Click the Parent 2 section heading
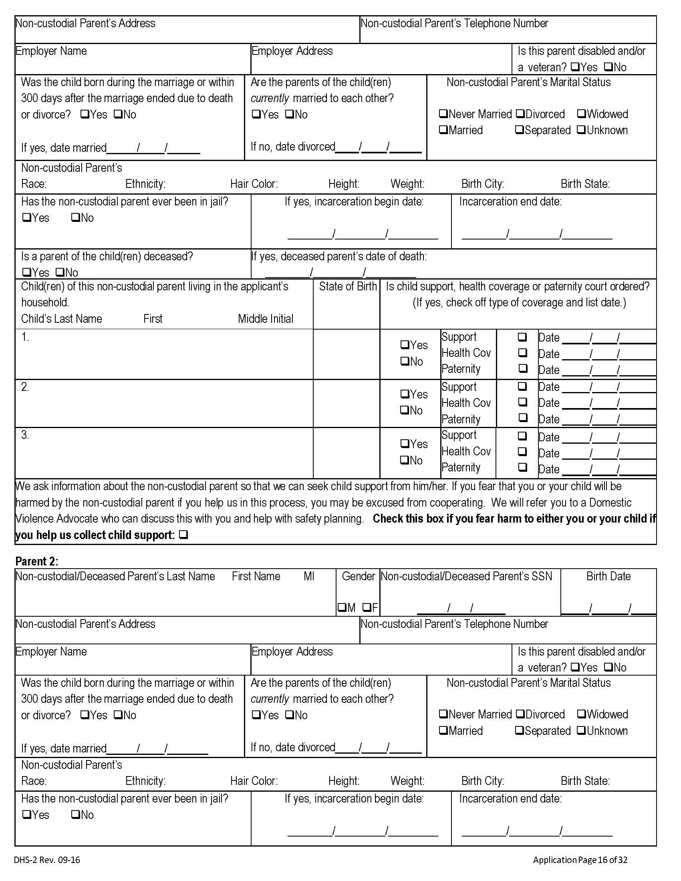point(36,561)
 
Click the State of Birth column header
point(347,286)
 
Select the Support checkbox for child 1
point(522,336)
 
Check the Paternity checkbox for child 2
point(522,418)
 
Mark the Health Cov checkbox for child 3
point(522,451)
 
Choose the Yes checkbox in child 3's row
point(405,444)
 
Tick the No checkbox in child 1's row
point(405,362)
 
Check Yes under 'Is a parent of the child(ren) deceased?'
point(26,272)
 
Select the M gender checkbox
point(342,607)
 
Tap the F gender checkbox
point(367,607)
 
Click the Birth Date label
point(608,576)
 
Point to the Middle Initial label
point(266,319)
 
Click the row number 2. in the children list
point(25,387)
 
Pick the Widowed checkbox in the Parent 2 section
point(581,714)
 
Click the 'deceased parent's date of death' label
point(339,257)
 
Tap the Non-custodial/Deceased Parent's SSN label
point(466,576)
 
